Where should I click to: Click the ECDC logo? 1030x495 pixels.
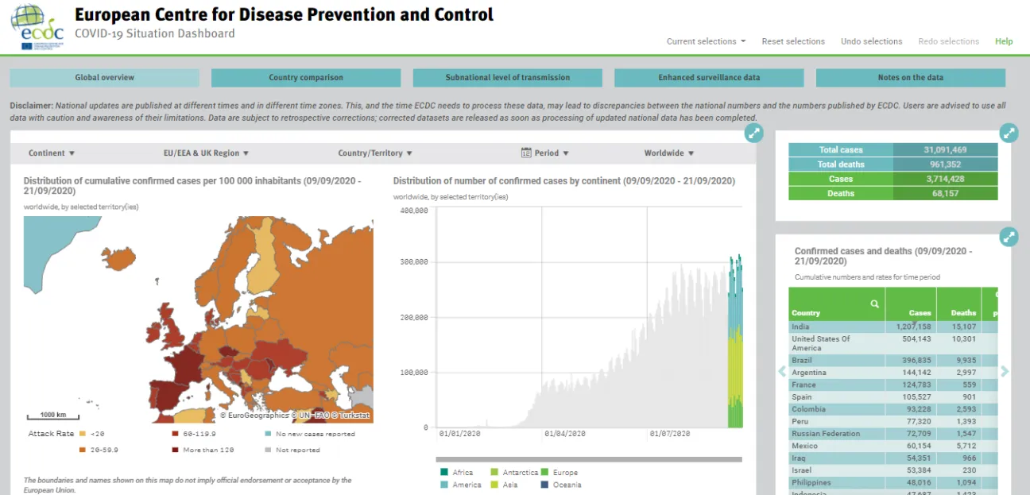37,27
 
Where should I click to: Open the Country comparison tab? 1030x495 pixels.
305,78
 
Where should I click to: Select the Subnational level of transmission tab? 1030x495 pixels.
507,78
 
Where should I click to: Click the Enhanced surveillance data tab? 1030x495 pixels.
709,78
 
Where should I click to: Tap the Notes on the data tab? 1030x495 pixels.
910,78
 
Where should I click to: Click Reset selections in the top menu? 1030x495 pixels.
792,41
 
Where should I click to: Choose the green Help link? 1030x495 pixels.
1004,41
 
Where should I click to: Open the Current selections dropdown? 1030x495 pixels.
705,41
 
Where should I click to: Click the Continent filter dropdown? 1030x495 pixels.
52,153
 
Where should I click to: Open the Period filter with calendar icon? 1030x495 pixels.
545,153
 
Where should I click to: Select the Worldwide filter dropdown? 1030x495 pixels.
669,153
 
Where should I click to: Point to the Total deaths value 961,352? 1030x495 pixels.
945,164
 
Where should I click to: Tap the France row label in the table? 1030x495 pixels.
803,385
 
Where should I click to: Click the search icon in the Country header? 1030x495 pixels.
874,304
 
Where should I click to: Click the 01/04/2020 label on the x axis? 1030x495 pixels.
565,434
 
